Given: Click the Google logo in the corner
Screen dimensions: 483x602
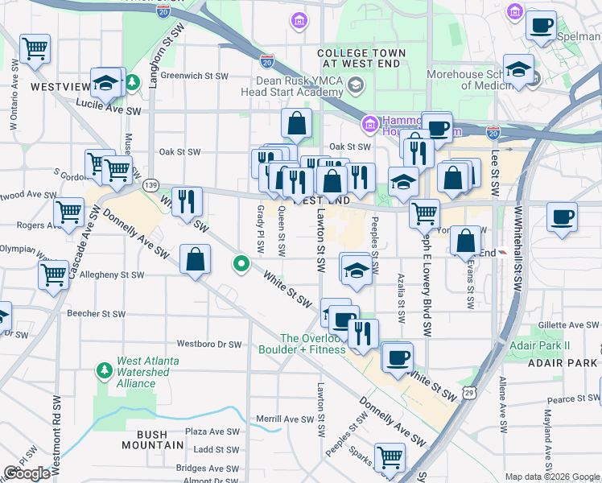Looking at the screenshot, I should [27, 473].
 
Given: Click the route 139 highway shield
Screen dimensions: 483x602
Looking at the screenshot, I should [150, 185].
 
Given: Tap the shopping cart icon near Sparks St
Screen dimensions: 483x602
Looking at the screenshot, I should [390, 457].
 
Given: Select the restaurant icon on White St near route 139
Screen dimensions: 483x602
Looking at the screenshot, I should [186, 200].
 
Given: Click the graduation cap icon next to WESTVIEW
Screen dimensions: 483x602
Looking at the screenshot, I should [105, 82].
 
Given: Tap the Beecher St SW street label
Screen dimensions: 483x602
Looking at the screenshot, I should [96, 314].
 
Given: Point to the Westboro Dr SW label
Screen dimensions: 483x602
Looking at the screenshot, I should [209, 344].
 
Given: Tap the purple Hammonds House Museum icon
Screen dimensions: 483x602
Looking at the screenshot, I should [369, 123].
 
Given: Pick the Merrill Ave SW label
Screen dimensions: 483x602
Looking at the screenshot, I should [284, 419].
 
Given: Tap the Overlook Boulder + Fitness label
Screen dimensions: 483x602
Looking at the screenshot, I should [302, 344].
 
